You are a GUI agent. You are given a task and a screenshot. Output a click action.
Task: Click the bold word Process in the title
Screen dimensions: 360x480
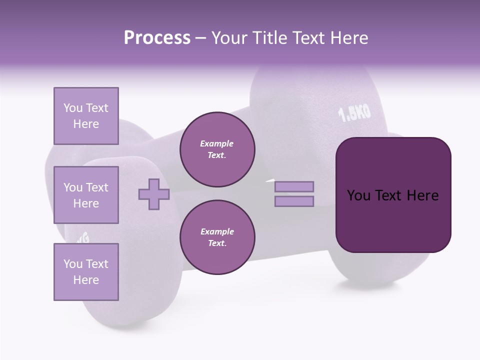pyautogui.click(x=157, y=38)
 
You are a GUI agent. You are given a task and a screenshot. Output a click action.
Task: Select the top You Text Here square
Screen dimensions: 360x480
pyautogui.click(x=86, y=116)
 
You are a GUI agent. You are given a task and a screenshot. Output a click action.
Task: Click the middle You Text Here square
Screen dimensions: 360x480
pyautogui.click(x=86, y=195)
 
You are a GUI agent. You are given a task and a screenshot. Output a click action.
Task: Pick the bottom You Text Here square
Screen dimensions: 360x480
pyautogui.click(x=86, y=272)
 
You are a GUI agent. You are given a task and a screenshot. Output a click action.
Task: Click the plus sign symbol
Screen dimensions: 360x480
pyautogui.click(x=154, y=194)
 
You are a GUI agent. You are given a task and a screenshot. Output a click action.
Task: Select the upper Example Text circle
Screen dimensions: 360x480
pyautogui.click(x=217, y=149)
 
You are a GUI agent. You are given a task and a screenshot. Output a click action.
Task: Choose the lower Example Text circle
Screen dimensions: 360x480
pyautogui.click(x=217, y=237)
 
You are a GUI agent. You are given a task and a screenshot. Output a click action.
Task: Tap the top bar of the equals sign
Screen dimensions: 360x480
pyautogui.click(x=294, y=187)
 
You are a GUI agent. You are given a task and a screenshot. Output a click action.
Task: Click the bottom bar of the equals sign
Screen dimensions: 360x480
pyautogui.click(x=294, y=201)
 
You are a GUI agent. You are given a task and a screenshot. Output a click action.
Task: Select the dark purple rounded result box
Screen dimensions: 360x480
pyautogui.click(x=393, y=195)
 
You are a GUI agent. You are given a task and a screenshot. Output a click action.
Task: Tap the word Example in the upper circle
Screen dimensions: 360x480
pyautogui.click(x=216, y=143)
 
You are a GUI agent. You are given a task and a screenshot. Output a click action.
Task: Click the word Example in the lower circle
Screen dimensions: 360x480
pyautogui.click(x=216, y=231)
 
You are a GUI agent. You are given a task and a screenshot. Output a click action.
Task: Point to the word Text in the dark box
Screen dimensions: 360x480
pyautogui.click(x=388, y=195)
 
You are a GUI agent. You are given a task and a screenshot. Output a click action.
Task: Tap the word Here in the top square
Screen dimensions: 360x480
pyautogui.click(x=86, y=124)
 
